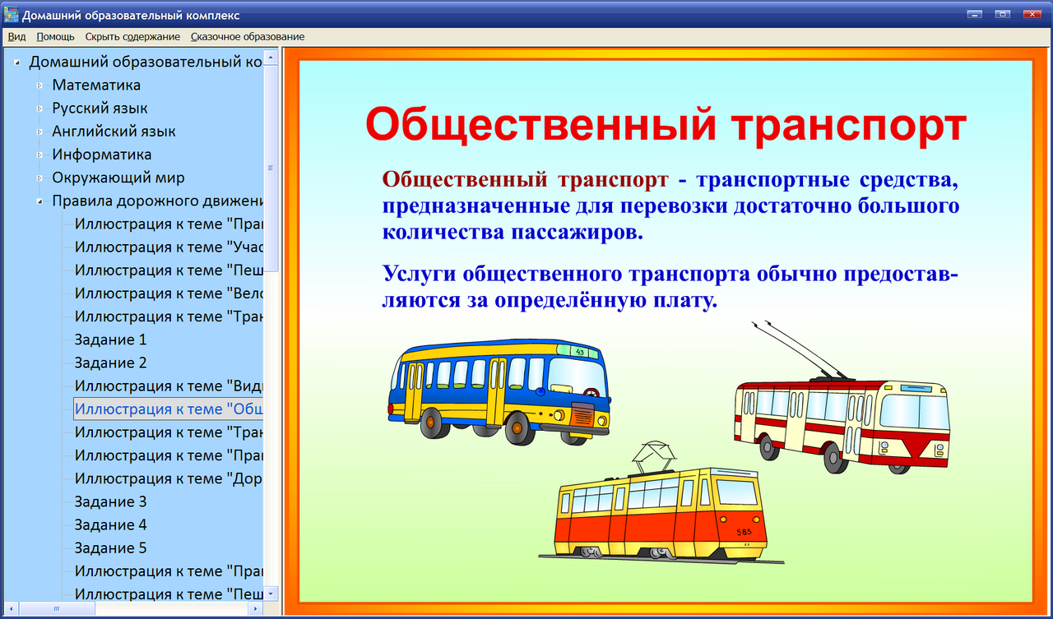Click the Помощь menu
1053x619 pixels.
point(55,37)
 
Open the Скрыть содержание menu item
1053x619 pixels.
point(132,37)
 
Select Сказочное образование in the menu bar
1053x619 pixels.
point(247,37)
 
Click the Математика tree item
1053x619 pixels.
point(96,85)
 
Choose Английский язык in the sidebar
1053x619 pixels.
point(114,132)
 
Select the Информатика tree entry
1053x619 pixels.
point(102,155)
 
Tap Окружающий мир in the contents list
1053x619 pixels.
point(118,178)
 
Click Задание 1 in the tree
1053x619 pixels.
point(110,340)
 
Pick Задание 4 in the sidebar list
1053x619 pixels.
point(110,524)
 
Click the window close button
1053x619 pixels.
point(1030,14)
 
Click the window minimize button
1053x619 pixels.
point(976,14)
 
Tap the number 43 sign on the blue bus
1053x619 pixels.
point(580,352)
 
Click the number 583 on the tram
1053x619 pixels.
point(745,532)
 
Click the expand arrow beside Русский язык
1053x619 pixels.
point(39,109)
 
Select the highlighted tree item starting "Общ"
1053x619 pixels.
point(168,409)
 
